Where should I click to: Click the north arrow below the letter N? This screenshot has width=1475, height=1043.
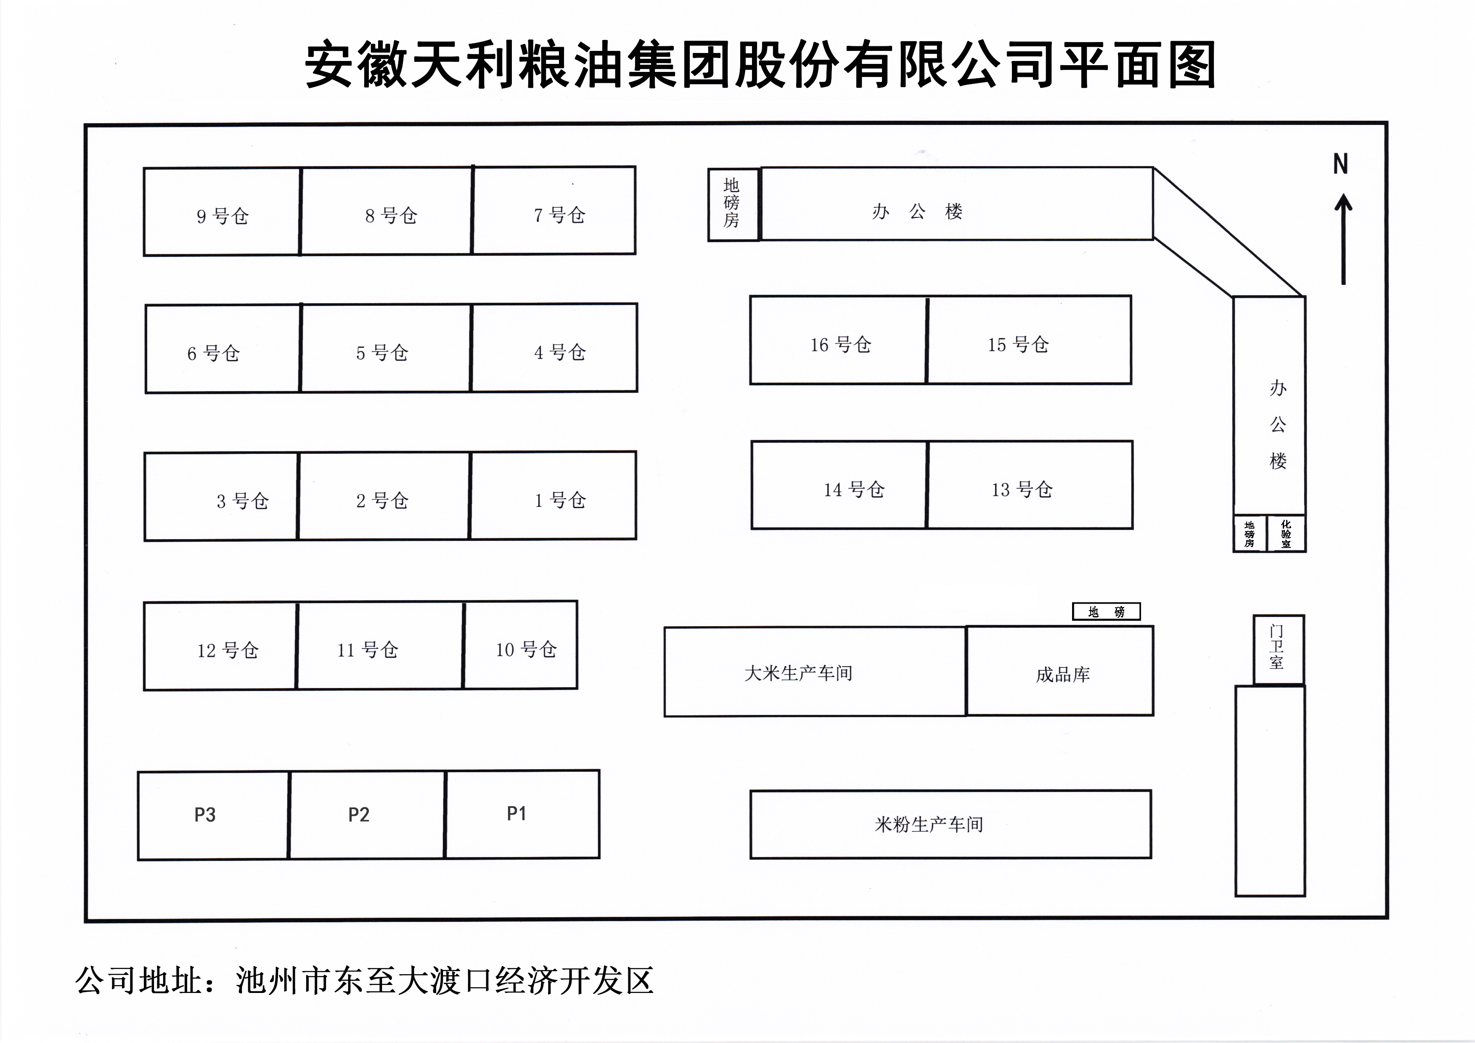[x=1343, y=239]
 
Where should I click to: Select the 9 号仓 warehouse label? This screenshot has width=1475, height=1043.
[x=222, y=216]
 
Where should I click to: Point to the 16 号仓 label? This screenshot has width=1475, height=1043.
[x=840, y=345]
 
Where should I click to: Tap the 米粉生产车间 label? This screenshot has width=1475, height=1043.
[x=929, y=824]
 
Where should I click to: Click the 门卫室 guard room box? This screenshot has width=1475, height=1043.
[x=1279, y=649]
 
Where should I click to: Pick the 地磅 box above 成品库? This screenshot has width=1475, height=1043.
[x=1106, y=612]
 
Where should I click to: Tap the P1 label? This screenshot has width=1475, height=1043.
[x=516, y=814]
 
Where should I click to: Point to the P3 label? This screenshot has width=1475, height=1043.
[x=205, y=815]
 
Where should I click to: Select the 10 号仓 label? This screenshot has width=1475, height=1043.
[x=525, y=649]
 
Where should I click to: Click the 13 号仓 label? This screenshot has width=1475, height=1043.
[x=1022, y=490]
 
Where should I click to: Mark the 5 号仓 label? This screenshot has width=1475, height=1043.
[x=382, y=352]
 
